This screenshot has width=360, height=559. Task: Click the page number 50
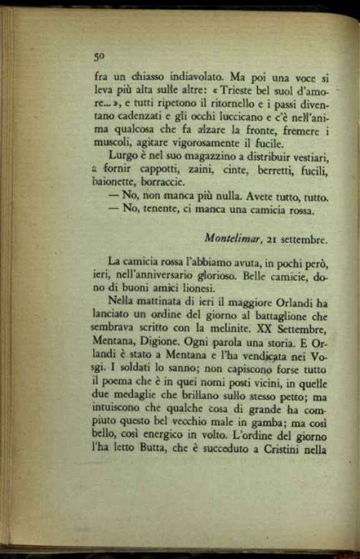tap(98, 56)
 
